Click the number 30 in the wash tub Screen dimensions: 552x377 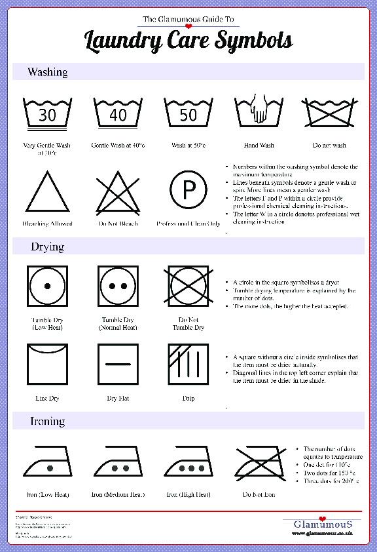pyautogui.click(x=47, y=116)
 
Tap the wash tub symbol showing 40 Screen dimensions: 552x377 pyautogui.click(x=118, y=115)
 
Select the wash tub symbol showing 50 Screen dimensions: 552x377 pyautogui.click(x=188, y=115)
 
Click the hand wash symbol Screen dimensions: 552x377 pyautogui.click(x=259, y=113)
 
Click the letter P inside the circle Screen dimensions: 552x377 pyautogui.click(x=188, y=191)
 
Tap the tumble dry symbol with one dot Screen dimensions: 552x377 pyautogui.click(x=47, y=286)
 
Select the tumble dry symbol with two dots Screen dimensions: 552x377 pyautogui.click(x=118, y=286)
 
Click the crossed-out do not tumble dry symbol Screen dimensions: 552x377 pyautogui.click(x=188, y=286)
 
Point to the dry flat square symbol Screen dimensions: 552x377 pyautogui.click(x=118, y=364)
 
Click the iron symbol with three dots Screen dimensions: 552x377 pyautogui.click(x=188, y=462)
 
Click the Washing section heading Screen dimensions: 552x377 pyautogui.click(x=47, y=72)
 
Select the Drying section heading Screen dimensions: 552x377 pyautogui.click(x=47, y=247)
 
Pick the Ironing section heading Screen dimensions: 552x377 pyautogui.click(x=48, y=422)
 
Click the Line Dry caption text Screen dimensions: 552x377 pyautogui.click(x=47, y=398)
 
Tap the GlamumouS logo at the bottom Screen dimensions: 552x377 pyautogui.click(x=323, y=524)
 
